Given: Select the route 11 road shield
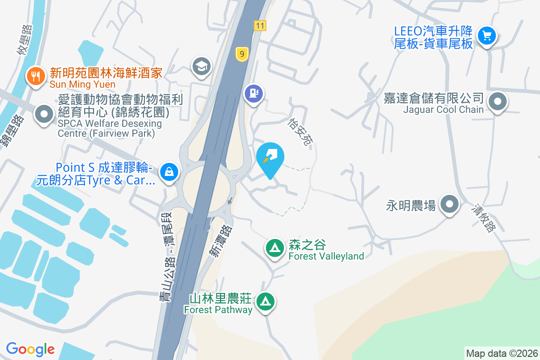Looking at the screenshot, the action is [259, 26].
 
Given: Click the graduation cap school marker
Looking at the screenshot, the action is [201, 67].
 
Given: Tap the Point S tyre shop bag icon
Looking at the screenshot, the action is [169, 172].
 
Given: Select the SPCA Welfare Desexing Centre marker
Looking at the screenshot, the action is [44, 114].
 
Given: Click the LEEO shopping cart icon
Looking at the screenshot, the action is [486, 36].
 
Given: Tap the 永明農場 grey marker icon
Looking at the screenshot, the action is [449, 205].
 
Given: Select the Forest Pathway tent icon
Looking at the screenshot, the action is [265, 301].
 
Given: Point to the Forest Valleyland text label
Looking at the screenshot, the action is [326, 256].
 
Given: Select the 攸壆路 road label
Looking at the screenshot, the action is [25, 40].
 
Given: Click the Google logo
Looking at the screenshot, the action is [30, 349].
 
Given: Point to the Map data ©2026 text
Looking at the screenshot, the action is [502, 353].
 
